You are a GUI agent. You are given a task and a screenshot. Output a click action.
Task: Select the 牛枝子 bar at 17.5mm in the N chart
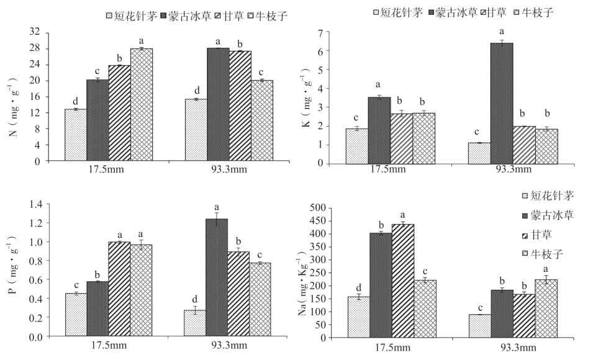tap(141, 104)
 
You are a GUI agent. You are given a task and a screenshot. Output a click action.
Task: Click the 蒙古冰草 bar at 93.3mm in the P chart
tap(217, 277)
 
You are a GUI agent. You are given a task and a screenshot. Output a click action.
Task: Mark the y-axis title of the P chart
tap(12, 271)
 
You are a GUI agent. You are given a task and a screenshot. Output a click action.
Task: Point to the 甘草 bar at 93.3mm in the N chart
tap(239, 106)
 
